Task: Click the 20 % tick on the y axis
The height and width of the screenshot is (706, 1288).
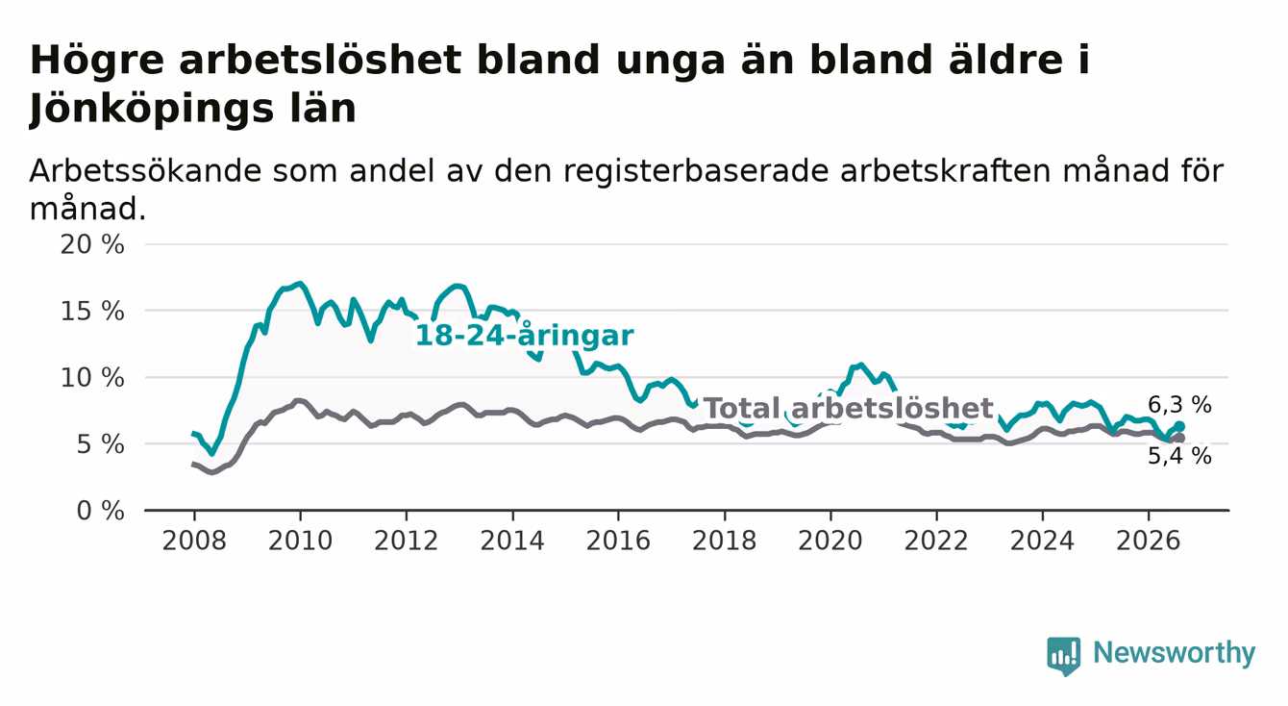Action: coord(92,245)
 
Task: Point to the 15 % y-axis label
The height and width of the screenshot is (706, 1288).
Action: coord(92,312)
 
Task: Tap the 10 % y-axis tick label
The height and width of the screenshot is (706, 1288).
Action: coord(92,378)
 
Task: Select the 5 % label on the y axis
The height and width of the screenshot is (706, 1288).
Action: coord(100,444)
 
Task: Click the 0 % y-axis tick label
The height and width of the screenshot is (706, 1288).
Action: coord(100,511)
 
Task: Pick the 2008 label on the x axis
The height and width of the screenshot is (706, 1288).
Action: coord(194,541)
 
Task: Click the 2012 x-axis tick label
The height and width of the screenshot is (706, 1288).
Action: coord(406,541)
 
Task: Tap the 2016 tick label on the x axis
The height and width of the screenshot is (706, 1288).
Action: coord(618,541)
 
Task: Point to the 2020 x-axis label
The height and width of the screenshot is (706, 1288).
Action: coord(830,541)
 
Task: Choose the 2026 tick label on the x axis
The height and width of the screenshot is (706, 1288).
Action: coord(1149,541)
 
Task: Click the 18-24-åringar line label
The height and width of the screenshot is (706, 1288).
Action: coord(525,336)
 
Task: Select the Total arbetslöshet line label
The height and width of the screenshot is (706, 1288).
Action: coord(849,408)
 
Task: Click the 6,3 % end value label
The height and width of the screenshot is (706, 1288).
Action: coord(1180,405)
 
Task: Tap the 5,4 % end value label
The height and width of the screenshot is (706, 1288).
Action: coord(1180,456)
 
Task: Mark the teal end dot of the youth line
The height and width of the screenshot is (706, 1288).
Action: coord(1180,426)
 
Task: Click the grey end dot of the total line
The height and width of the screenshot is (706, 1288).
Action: coord(1180,439)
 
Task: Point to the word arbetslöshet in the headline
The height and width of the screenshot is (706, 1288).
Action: coord(320,60)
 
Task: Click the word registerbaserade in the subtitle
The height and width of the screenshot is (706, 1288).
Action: coord(696,171)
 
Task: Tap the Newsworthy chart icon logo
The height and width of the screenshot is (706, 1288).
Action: coord(1064,656)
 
